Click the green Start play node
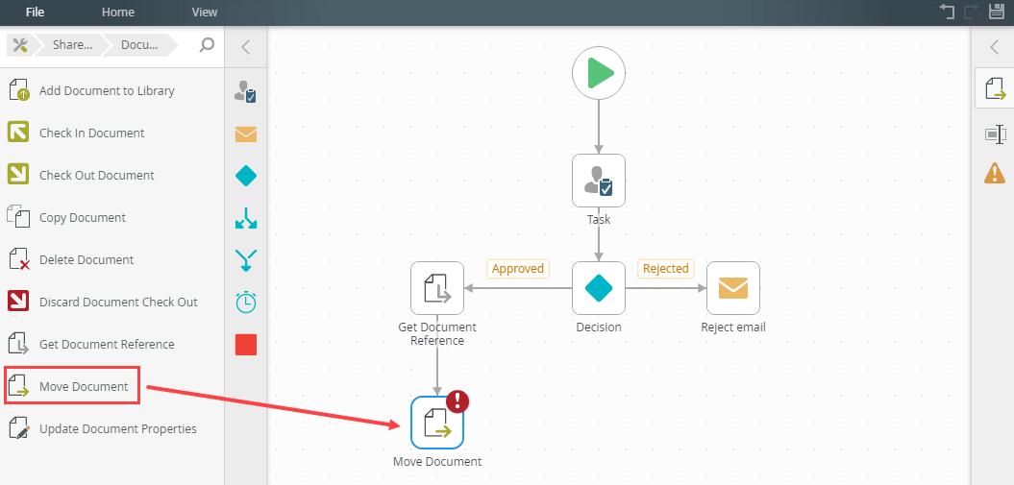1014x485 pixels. [599, 73]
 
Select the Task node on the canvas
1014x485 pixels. [599, 181]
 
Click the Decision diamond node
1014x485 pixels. [599, 288]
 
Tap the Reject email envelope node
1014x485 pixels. [733, 288]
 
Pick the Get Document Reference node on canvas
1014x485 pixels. [437, 288]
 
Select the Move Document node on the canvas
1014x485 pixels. [437, 423]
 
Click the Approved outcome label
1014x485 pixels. [518, 269]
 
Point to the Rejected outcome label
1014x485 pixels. [665, 269]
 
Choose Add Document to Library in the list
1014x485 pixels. [107, 91]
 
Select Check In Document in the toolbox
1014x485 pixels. [91, 133]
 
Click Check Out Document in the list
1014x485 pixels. [96, 176]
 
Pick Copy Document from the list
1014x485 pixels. [82, 218]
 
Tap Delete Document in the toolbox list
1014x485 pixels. [87, 260]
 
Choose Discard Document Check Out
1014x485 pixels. [118, 303]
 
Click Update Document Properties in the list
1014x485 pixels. [117, 429]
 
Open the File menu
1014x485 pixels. [35, 12]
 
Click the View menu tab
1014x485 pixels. [205, 12]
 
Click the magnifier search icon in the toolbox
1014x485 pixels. [207, 45]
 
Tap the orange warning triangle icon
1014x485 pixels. [995, 173]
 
